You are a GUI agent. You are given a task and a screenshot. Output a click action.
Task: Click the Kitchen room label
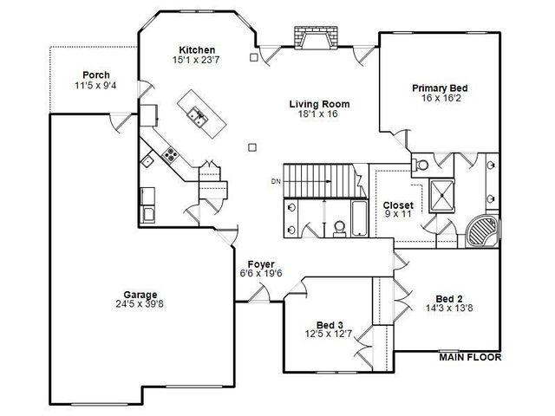pos(197,50)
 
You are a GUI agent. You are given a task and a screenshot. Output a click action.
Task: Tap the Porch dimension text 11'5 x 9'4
pos(95,85)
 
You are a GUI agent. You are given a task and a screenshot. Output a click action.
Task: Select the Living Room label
pos(319,104)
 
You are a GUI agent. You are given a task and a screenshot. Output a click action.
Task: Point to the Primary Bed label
pos(440,88)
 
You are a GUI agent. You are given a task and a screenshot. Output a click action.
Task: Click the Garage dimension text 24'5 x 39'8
pos(140,304)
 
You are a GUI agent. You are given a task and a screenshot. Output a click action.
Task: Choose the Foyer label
pos(261,264)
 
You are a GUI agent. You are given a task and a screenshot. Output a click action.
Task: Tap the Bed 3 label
pos(330,325)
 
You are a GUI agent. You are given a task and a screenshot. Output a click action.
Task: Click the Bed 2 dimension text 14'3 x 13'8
pos(449,308)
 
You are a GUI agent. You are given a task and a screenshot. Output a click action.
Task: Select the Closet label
pos(398,205)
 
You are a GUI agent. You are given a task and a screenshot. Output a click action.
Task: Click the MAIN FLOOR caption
pos(470,357)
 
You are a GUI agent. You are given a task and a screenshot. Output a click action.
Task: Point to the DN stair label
pos(276,182)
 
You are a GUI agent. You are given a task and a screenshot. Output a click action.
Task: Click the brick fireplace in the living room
pos(316,38)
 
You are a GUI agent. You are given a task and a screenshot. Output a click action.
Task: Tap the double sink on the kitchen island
pos(198,115)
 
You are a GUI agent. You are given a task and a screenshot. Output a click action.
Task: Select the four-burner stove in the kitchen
pos(170,154)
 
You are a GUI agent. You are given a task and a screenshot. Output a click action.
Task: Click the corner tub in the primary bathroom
pos(482,231)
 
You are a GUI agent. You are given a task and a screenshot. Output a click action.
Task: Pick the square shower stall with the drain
pos(441,196)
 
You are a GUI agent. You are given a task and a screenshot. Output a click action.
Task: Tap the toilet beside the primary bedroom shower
pos(420,165)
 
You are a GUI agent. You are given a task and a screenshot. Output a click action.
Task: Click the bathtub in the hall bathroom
pos(360,218)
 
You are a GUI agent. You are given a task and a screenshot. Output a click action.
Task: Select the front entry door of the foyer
pos(259,293)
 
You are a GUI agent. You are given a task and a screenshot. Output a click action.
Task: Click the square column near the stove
pos(252,147)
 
